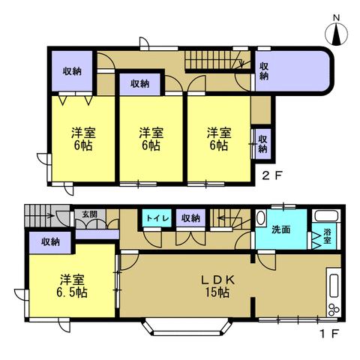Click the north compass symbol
[336, 34]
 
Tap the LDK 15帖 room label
[217, 286]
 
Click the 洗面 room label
[281, 229]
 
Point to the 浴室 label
[327, 235]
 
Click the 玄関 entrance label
[90, 214]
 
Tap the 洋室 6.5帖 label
[72, 286]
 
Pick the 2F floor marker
[272, 175]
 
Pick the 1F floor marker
[330, 333]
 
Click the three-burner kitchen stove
[334, 310]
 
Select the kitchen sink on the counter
[334, 286]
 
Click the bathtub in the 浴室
[326, 215]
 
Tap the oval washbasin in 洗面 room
[260, 218]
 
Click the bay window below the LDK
[186, 327]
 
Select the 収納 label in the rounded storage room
[264, 71]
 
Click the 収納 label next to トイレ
[190, 218]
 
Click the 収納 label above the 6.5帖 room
[50, 241]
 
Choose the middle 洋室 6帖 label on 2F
[151, 139]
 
